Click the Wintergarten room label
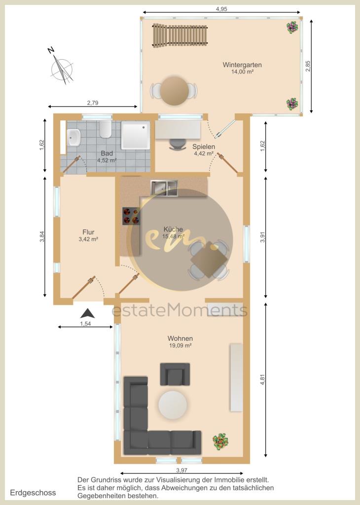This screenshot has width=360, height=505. click(x=242, y=65)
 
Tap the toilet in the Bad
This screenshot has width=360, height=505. click(x=105, y=129)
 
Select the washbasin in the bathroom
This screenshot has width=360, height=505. click(x=74, y=137)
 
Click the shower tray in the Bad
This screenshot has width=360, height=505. click(x=136, y=135)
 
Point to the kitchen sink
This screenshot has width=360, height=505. click(x=164, y=188)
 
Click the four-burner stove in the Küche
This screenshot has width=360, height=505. click(x=131, y=216)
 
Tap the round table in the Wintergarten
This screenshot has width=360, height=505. click(x=175, y=91)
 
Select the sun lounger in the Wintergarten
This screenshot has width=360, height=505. click(x=180, y=35)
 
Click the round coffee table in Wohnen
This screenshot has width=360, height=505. click(x=173, y=405)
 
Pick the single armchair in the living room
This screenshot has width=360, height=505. click(x=175, y=374)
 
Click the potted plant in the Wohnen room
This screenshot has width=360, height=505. click(x=220, y=441)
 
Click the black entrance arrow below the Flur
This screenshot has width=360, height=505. click(x=87, y=313)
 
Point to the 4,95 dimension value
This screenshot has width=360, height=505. click(x=221, y=9)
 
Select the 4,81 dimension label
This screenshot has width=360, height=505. click(x=263, y=379)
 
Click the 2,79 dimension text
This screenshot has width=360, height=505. click(x=92, y=103)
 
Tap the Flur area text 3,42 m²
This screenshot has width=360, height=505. click(x=88, y=239)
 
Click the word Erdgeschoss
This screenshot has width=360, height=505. click(x=33, y=493)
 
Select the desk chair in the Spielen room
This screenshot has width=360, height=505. click(x=178, y=144)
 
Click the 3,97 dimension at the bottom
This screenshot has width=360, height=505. click(x=182, y=470)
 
